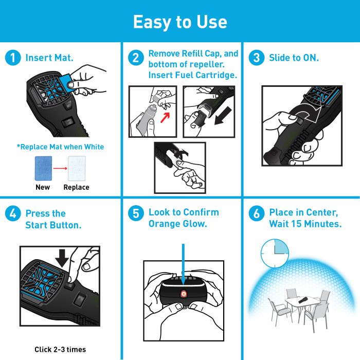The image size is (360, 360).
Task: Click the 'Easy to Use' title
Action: pyautogui.click(x=179, y=22)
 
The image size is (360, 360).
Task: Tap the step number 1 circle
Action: pyautogui.click(x=13, y=58)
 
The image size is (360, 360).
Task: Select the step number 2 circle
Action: pyautogui.click(x=135, y=58)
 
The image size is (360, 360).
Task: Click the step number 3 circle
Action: pyautogui.click(x=256, y=58)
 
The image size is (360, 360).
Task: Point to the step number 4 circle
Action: pyautogui.click(x=13, y=213)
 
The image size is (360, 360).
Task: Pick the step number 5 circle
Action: pyautogui.click(x=135, y=213)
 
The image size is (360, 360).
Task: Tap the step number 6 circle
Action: pyautogui.click(x=256, y=213)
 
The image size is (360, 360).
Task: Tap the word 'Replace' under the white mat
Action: pyautogui.click(x=76, y=187)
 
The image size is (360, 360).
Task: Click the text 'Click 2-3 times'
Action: pyautogui.click(x=60, y=350)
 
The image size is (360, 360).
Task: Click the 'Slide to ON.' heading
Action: pyautogui.click(x=294, y=58)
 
